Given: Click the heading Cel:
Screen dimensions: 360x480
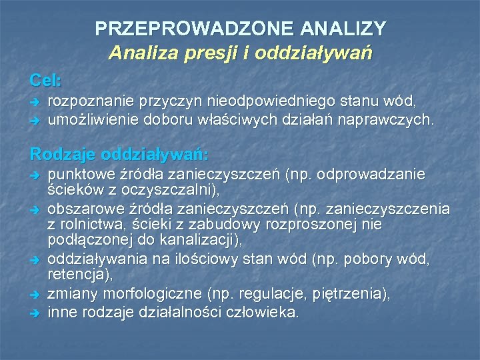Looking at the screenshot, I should point(45,81).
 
